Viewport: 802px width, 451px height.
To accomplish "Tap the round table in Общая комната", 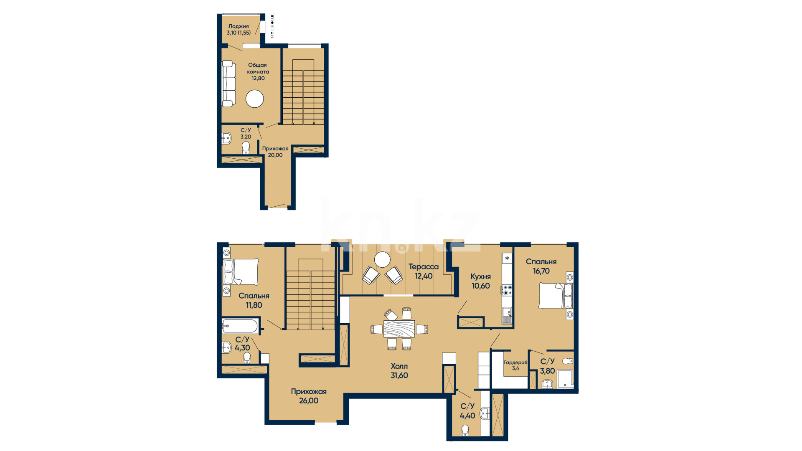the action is click(254, 99).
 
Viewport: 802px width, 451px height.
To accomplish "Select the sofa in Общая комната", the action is click(228, 84).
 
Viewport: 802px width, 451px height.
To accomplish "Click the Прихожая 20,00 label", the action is click(275, 152).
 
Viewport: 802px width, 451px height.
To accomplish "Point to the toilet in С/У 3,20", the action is click(246, 147).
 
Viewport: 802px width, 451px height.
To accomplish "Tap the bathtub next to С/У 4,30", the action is click(240, 326).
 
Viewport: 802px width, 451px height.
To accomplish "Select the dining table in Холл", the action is click(399, 329).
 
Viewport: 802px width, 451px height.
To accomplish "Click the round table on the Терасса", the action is click(382, 260).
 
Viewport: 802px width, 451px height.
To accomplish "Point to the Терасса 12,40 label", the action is click(424, 271).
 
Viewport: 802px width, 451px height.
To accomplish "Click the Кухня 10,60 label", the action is click(481, 281).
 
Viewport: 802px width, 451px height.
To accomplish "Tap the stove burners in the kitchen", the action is click(507, 290).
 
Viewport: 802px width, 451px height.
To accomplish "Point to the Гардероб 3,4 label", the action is click(515, 365).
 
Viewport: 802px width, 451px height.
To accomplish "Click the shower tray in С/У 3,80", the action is click(565, 378).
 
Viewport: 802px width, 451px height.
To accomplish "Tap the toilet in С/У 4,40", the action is click(465, 431).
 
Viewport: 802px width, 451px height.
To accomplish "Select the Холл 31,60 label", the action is click(399, 371).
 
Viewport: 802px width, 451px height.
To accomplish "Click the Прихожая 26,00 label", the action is click(309, 396).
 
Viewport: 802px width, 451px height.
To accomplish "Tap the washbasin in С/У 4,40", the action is click(485, 413).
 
